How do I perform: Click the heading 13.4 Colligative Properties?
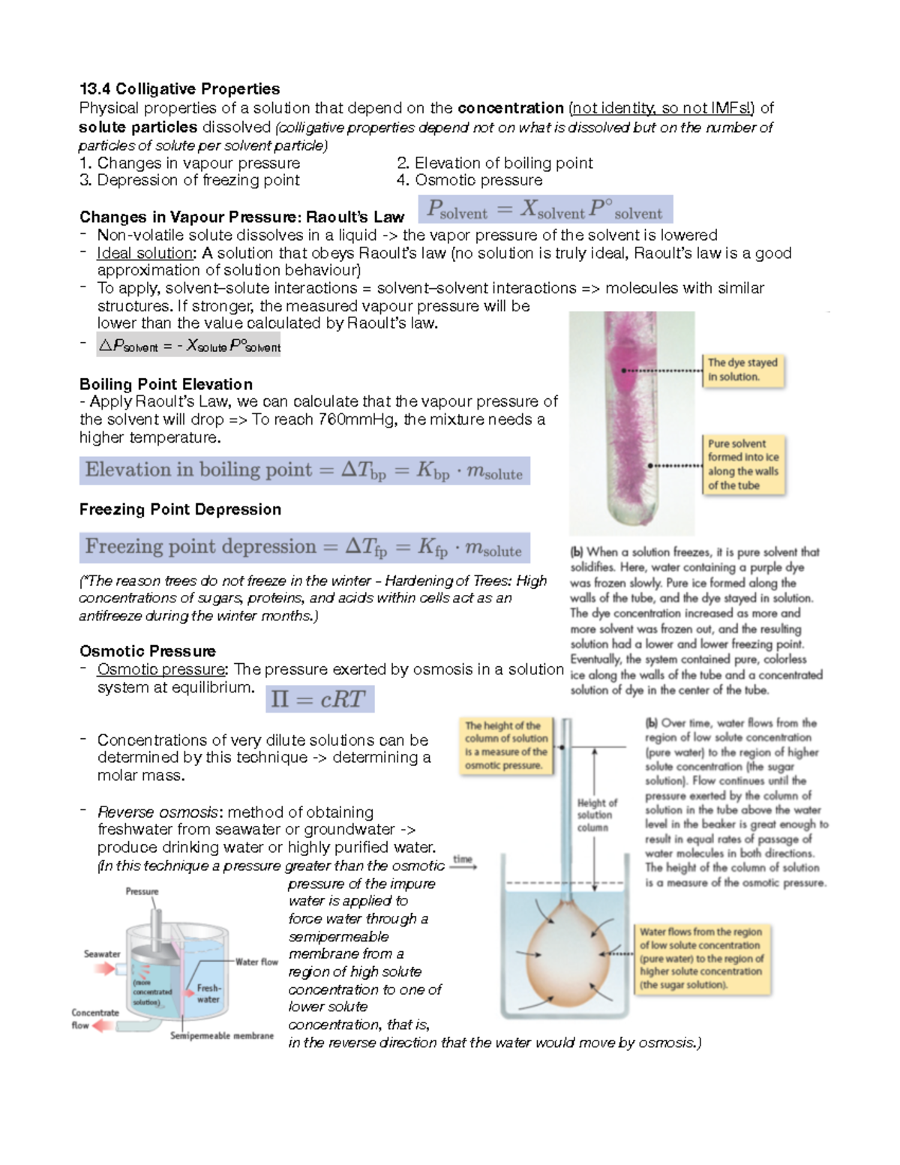point(179,89)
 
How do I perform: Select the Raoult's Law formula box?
point(544,209)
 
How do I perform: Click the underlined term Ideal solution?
point(145,254)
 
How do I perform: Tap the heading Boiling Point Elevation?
point(166,384)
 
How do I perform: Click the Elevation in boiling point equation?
point(304,471)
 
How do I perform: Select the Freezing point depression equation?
point(304,548)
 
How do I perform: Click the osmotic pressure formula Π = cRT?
point(320,699)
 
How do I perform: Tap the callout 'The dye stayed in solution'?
point(742,370)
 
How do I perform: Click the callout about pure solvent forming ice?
point(743,464)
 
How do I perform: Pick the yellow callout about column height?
point(506,746)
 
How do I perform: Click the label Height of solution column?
point(595,815)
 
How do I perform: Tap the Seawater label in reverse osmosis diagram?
point(102,954)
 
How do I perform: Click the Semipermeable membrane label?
point(221,1036)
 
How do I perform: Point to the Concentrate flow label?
point(94,1019)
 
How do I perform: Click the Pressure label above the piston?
point(142,891)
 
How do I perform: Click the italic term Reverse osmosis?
point(159,812)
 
